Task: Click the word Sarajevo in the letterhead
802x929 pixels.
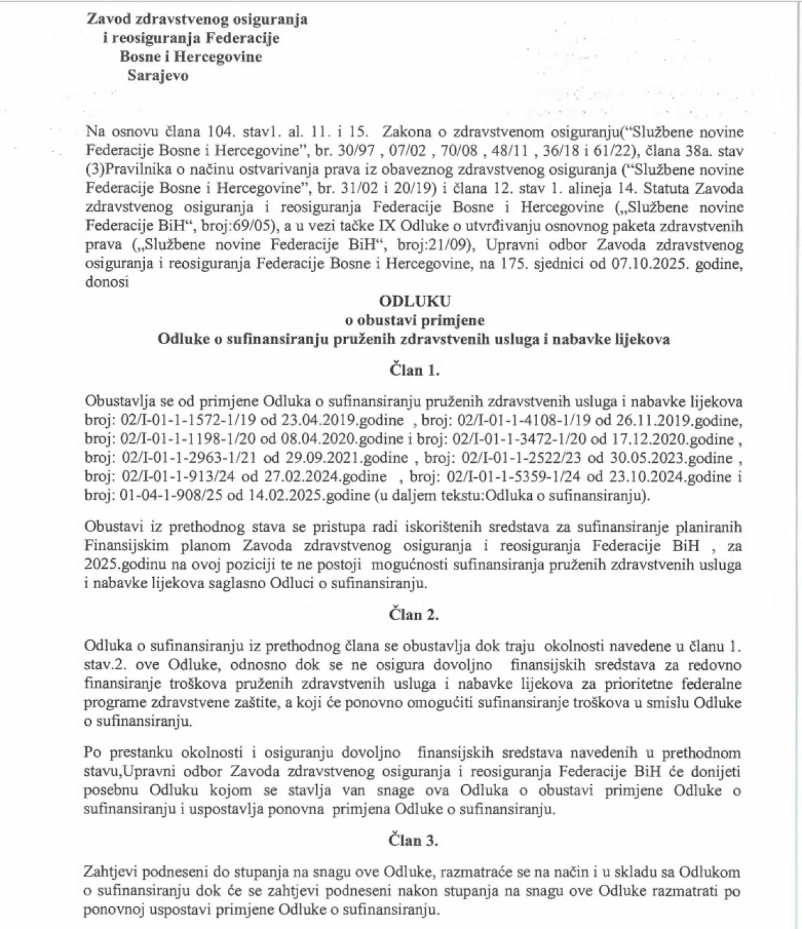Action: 158,75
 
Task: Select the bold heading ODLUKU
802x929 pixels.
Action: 414,301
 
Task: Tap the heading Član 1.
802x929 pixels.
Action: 414,370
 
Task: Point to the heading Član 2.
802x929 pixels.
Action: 414,614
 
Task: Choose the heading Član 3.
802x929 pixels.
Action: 414,840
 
